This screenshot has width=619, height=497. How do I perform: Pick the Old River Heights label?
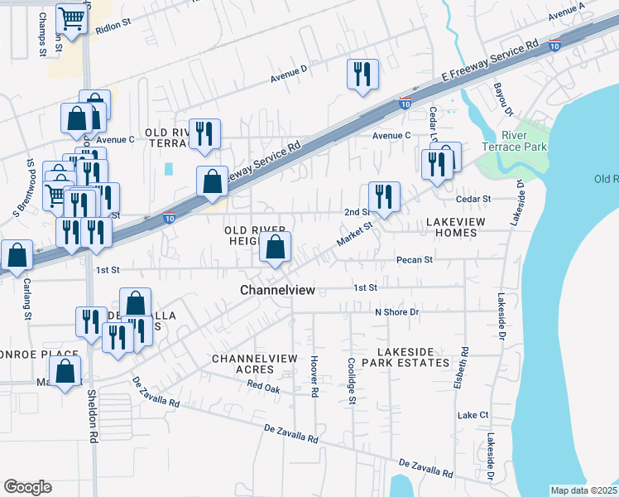tap(257, 234)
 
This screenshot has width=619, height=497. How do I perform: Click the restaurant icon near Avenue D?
tap(362, 75)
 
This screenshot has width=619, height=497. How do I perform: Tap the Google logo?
tap(27, 487)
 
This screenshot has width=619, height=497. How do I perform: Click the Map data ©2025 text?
tap(583, 490)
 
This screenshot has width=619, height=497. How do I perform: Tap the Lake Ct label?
tap(473, 414)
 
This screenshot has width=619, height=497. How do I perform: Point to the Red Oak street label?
tap(264, 387)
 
